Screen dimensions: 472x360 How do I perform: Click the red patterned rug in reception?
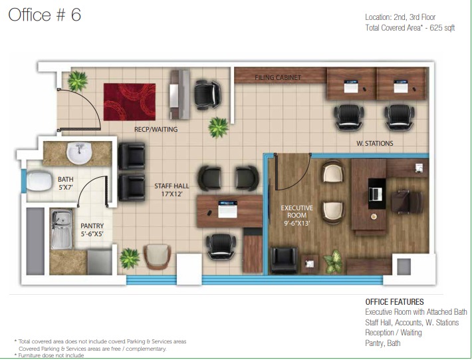coord(130,102)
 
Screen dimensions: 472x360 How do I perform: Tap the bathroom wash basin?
coord(79,153)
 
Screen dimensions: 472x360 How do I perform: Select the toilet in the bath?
coord(39,181)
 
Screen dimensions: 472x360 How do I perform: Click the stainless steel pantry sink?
coord(61,230)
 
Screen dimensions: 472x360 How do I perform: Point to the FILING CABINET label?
coord(278,78)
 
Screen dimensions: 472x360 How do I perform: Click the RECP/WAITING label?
coord(156,130)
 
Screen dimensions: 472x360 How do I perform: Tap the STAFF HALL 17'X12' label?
coord(172,190)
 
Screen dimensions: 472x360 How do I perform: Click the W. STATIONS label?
coord(375,143)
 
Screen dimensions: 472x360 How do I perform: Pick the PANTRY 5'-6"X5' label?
coord(92,230)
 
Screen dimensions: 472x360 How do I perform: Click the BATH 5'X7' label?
coord(66,183)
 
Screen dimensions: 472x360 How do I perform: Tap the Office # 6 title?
coord(45,15)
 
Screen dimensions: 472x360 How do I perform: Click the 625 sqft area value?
coord(442,28)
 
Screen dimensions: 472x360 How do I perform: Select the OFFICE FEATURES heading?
coord(394,302)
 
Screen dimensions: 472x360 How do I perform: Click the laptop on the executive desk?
coord(376,194)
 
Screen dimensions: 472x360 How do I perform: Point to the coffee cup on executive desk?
coord(374,216)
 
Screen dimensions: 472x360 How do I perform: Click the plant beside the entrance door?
coord(77,81)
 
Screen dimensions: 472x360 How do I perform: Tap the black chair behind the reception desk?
coord(207,94)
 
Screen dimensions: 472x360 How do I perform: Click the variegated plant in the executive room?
coord(333,262)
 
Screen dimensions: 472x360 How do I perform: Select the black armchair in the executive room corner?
coord(284,260)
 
